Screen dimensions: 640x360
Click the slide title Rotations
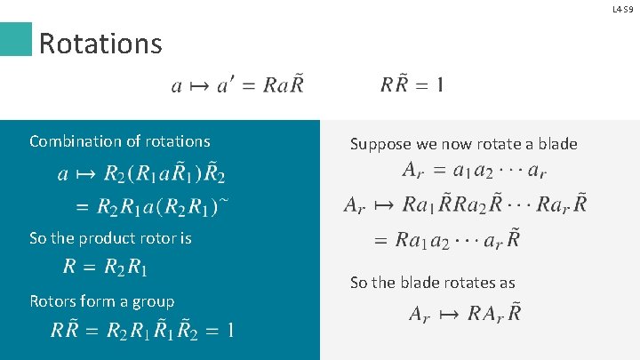pyautogui.click(x=100, y=43)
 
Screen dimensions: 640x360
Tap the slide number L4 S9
pyautogui.click(x=623, y=9)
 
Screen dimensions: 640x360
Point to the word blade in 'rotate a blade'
pyautogui.click(x=557, y=144)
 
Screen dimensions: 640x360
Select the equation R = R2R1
pyautogui.click(x=106, y=267)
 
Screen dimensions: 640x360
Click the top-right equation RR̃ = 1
pyautogui.click(x=412, y=85)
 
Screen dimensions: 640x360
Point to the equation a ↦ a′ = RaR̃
pyautogui.click(x=237, y=85)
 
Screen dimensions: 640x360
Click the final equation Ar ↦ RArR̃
pyautogui.click(x=465, y=313)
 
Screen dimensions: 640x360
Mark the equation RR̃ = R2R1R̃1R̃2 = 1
pyautogui.click(x=143, y=332)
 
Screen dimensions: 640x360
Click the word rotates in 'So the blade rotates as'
pyautogui.click(x=457, y=283)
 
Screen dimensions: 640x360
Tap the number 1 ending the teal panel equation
pyautogui.click(x=229, y=332)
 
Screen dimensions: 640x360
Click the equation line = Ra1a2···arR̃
pyautogui.click(x=446, y=240)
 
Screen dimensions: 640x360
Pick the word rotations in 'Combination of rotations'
pyautogui.click(x=176, y=141)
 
